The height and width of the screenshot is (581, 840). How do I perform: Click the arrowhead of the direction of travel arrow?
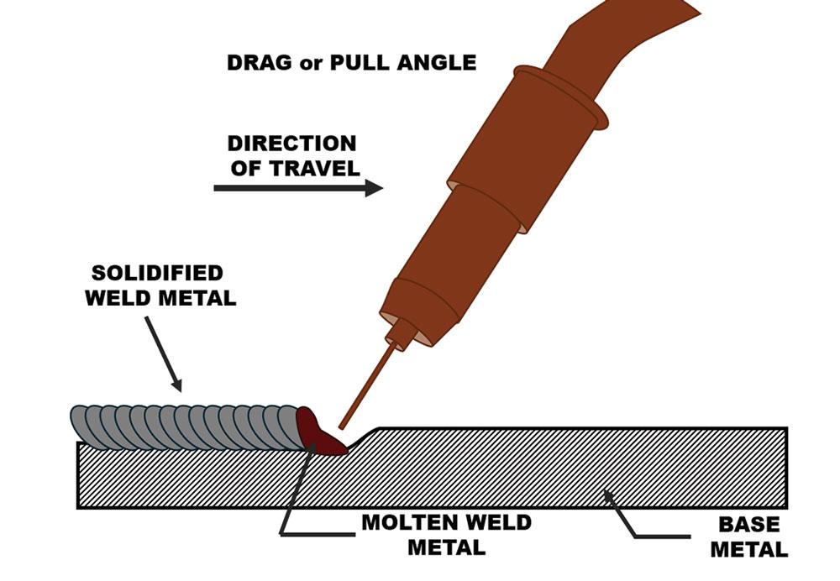point(373,188)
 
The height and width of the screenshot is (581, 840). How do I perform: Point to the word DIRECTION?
point(291,144)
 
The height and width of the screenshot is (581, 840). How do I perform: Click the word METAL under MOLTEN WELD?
point(446,547)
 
